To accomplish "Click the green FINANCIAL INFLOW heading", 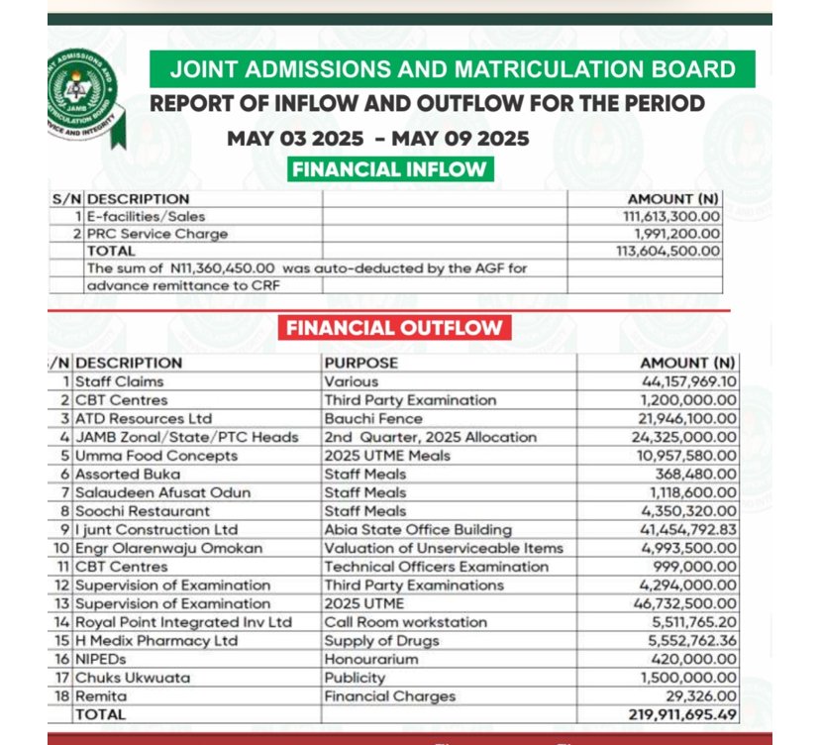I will (x=389, y=168).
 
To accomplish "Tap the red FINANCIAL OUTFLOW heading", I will (x=394, y=328).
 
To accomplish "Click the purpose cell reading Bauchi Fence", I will (x=372, y=418).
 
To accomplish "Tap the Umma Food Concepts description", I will (x=156, y=456).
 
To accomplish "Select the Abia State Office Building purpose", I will (x=418, y=529).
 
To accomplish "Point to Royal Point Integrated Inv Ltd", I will (x=184, y=622).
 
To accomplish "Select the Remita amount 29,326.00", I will (x=701, y=696).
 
